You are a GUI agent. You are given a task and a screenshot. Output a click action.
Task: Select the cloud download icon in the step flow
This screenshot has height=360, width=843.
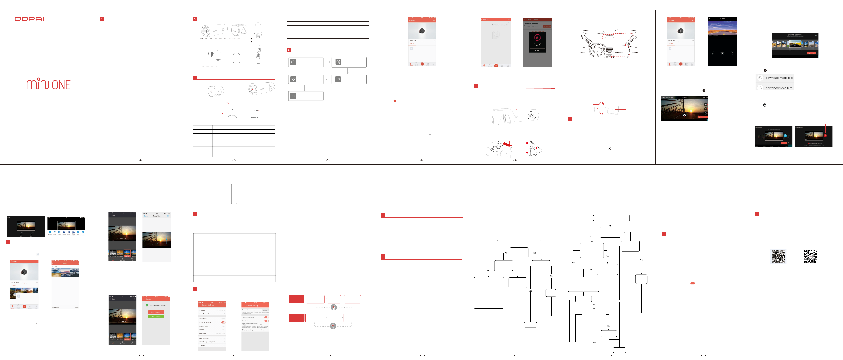click(293, 62)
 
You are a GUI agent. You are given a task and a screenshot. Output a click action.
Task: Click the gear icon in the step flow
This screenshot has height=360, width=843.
click(338, 62)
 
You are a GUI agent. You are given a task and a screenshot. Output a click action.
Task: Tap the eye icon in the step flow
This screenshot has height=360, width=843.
click(293, 96)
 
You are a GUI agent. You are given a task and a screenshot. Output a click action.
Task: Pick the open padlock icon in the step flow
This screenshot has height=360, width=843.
click(338, 79)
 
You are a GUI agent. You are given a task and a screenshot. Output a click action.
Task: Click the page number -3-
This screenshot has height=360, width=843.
click(328, 160)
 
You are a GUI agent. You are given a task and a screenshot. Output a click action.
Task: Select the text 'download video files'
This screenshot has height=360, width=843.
click(779, 88)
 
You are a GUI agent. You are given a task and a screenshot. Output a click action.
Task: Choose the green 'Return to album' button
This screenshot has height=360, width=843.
click(156, 316)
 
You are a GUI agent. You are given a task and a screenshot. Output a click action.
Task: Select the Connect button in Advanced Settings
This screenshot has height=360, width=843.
click(265, 310)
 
